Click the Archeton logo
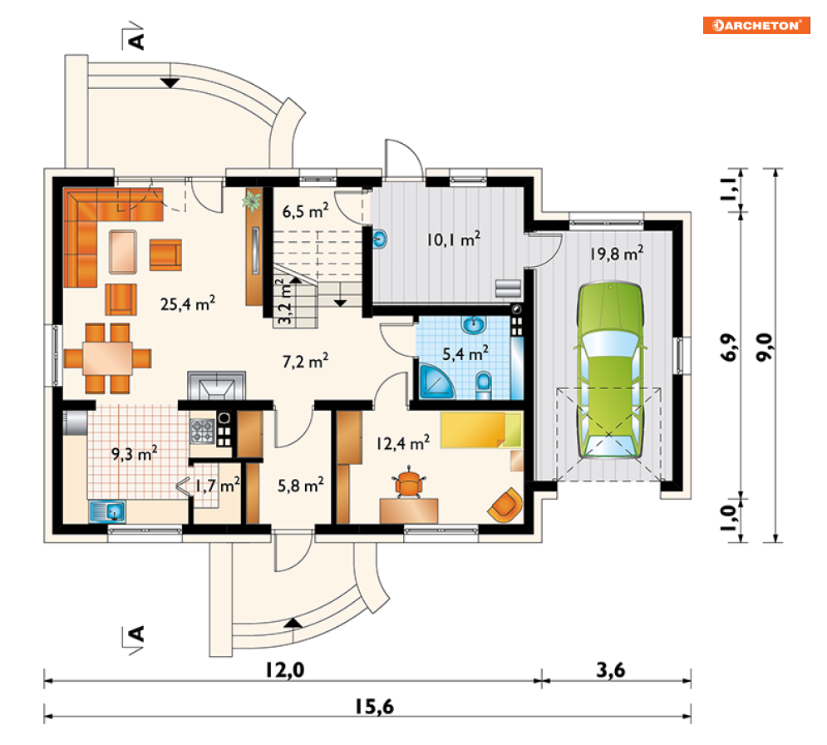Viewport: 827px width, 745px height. click(x=756, y=25)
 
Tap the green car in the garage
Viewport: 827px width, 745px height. click(x=610, y=370)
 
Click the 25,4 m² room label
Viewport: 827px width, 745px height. click(x=188, y=303)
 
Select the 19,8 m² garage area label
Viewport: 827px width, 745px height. click(x=617, y=254)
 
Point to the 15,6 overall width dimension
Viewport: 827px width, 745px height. click(x=374, y=707)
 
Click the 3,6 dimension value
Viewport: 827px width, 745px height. click(x=611, y=670)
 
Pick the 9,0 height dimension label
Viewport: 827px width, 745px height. click(x=764, y=348)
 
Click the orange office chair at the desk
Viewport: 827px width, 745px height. click(x=409, y=482)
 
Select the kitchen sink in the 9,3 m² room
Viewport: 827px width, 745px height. click(x=107, y=511)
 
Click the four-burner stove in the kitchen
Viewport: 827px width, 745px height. click(x=203, y=431)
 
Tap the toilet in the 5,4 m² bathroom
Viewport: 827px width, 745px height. click(x=484, y=386)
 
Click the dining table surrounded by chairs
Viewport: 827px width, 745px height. click(x=107, y=358)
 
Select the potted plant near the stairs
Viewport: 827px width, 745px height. click(x=252, y=201)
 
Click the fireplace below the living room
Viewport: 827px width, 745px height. click(x=216, y=386)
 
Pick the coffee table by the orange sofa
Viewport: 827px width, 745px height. click(x=123, y=252)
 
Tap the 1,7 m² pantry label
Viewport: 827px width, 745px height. click(x=217, y=485)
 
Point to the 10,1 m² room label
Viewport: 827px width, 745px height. click(x=454, y=239)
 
